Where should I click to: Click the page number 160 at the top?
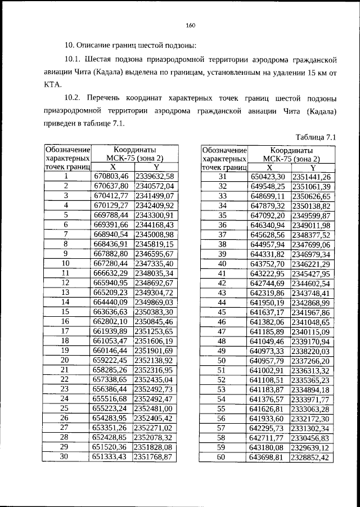tap(190, 24)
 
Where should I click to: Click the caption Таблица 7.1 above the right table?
tap(316, 137)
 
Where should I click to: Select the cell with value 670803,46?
tap(111, 177)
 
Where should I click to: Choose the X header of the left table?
tap(112, 167)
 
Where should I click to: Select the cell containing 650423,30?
tap(268, 177)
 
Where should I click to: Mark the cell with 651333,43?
tap(111, 456)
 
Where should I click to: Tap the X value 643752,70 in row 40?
tap(268, 263)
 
